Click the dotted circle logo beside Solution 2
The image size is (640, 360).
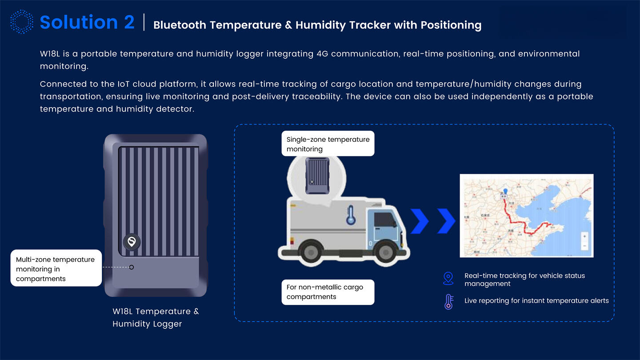[21, 22]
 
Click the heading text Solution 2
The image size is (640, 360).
[87, 22]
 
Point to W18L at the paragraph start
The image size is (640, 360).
[50, 54]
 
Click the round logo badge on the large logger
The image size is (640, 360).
[132, 242]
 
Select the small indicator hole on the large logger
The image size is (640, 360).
[132, 267]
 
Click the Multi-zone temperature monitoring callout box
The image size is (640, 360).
[56, 269]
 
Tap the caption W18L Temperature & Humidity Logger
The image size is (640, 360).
[156, 317]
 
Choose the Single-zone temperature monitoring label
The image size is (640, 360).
[328, 144]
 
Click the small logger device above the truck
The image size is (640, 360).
[317, 176]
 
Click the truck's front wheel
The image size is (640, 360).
[383, 251]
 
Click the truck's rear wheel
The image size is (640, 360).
[306, 251]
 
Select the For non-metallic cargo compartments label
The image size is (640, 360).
[328, 292]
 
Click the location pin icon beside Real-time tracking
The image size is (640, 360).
[448, 279]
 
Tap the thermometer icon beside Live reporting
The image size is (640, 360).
[448, 301]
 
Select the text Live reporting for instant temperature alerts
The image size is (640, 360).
[536, 301]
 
